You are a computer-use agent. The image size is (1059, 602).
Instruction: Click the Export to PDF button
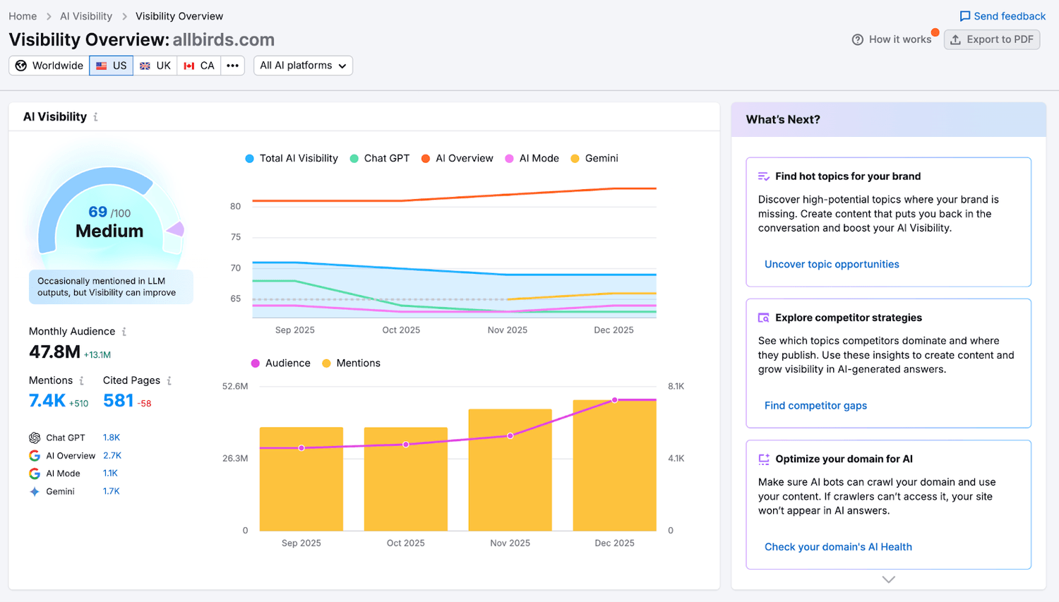point(991,40)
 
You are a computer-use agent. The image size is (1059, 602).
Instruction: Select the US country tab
point(112,66)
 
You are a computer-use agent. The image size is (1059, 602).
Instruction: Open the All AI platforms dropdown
point(303,66)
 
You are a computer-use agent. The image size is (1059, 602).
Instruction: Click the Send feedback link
point(1003,16)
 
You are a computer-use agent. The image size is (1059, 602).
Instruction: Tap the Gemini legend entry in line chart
point(594,159)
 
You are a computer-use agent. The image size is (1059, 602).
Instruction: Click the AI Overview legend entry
point(457,159)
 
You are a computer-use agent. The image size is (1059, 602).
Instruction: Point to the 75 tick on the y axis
point(235,237)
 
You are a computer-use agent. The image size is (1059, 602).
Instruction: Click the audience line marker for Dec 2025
point(615,400)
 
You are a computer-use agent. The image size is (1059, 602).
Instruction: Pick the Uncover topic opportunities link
point(832,265)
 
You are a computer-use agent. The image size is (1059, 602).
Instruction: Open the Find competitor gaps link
point(815,406)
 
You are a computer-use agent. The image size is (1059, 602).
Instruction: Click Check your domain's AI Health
point(838,547)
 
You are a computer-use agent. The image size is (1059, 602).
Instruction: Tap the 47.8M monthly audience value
point(54,352)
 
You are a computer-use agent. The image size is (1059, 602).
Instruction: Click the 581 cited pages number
point(118,401)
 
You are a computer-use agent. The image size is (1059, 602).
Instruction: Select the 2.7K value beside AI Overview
point(112,456)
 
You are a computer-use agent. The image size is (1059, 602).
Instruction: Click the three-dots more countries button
point(232,66)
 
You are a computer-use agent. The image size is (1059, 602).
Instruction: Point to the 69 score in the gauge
point(97,212)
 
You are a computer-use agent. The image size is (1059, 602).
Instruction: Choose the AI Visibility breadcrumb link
point(86,16)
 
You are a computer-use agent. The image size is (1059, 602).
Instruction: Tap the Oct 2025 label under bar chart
point(405,543)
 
